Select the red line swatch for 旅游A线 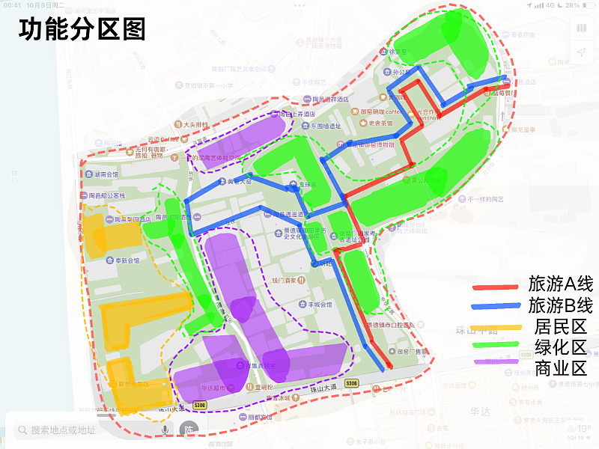coord(495,287)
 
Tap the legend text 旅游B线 coord(560,305)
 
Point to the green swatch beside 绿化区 coord(495,346)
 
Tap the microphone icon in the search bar coord(165,430)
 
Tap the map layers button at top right coord(582,28)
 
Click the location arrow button coord(582,52)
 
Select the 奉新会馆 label coord(124,261)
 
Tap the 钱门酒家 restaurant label coord(285,280)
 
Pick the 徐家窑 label coord(397,52)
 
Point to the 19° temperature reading coord(583,429)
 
